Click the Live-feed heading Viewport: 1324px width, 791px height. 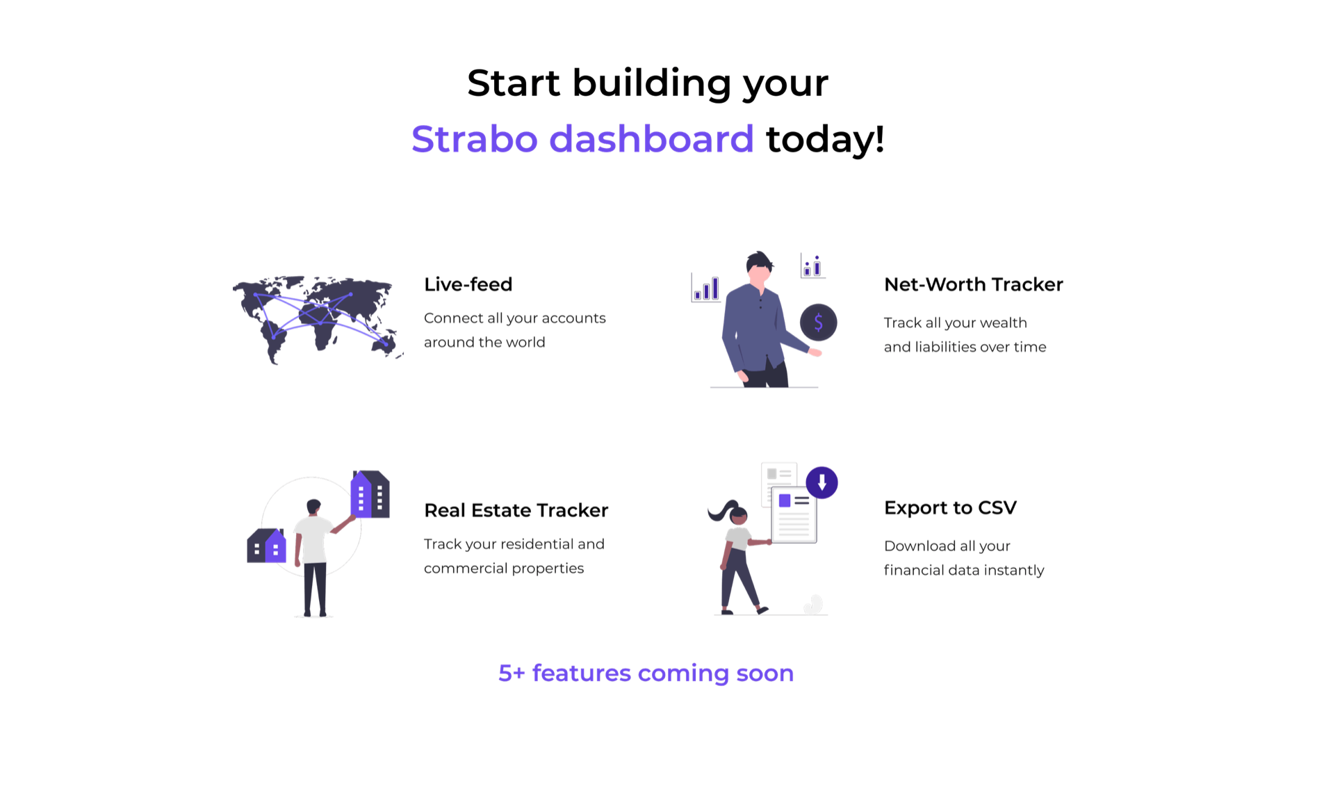click(468, 284)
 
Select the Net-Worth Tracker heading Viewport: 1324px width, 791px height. click(973, 284)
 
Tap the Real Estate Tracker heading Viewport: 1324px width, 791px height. click(516, 510)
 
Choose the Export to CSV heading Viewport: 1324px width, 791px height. click(950, 508)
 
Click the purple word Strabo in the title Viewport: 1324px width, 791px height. click(475, 139)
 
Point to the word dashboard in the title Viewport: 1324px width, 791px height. click(651, 139)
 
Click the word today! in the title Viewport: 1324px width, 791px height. click(825, 139)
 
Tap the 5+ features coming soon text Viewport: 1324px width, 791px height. click(646, 673)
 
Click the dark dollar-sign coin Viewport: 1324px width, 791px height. click(818, 323)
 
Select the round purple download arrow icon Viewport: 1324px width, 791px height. click(822, 482)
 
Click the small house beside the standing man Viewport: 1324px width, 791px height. click(266, 546)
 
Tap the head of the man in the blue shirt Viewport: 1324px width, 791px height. click(759, 267)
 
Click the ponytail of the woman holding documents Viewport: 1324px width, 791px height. click(721, 510)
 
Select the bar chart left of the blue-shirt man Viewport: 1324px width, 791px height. click(706, 288)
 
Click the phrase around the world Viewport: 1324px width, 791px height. click(484, 343)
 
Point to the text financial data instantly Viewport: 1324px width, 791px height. click(964, 571)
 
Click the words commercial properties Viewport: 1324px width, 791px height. click(504, 569)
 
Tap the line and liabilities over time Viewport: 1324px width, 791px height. click(965, 347)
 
